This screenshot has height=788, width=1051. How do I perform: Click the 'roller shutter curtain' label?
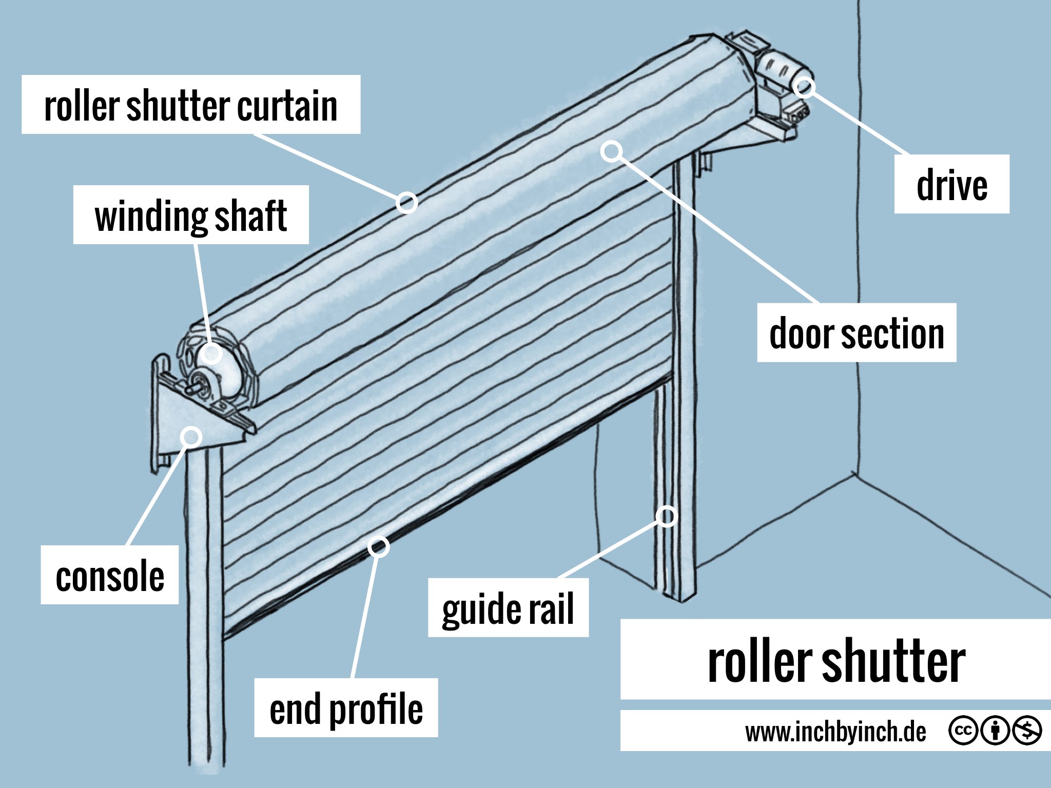click(x=191, y=105)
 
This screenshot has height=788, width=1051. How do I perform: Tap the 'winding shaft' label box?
click(x=191, y=215)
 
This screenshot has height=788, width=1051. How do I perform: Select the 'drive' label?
click(x=951, y=184)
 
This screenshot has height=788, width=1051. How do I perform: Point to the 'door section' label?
click(x=857, y=333)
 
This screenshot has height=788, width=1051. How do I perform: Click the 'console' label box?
click(x=110, y=575)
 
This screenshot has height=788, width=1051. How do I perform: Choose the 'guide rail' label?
click(x=508, y=608)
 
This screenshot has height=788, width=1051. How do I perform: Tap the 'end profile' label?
click(x=346, y=708)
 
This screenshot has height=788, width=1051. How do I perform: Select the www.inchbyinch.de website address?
click(x=835, y=731)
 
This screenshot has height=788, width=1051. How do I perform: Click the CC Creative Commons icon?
click(x=963, y=730)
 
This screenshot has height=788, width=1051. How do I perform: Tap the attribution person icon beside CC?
click(x=995, y=730)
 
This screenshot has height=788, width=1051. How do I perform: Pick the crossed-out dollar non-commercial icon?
click(x=1026, y=730)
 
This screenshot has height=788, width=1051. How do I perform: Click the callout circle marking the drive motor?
click(x=804, y=87)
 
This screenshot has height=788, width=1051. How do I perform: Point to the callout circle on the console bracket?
click(x=192, y=437)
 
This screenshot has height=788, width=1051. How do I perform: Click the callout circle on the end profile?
click(x=379, y=547)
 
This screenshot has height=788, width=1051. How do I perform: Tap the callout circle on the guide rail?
click(x=666, y=516)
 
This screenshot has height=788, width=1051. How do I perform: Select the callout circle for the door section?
click(x=612, y=151)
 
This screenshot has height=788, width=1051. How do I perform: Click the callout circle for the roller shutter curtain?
click(x=406, y=203)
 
